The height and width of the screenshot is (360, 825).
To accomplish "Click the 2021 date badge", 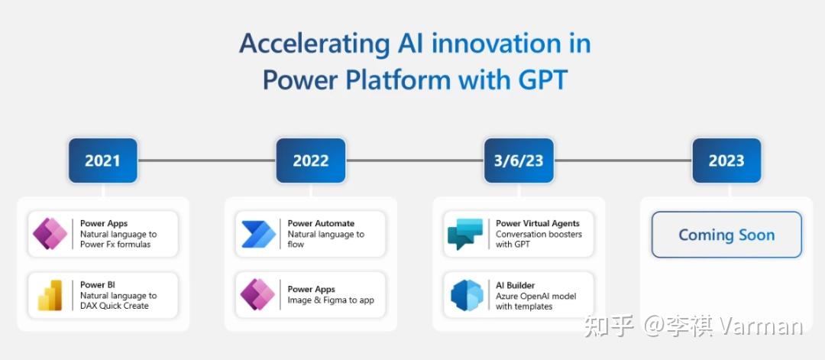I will pyautogui.click(x=102, y=161).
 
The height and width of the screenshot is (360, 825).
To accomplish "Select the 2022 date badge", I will pyautogui.click(x=310, y=161).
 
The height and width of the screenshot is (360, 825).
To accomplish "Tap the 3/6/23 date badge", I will pyautogui.click(x=519, y=161).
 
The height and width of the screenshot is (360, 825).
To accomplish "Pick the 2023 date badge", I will pyautogui.click(x=726, y=161).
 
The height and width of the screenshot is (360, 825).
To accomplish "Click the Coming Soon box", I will pyautogui.click(x=726, y=235).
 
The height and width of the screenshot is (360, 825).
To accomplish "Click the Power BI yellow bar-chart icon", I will pyautogui.click(x=50, y=295).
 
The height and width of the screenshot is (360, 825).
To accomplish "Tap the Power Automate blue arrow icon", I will pyautogui.click(x=258, y=234).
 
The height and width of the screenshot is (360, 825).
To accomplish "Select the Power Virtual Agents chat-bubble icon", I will pyautogui.click(x=465, y=234).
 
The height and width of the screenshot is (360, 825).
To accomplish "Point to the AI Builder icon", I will pyautogui.click(x=465, y=295).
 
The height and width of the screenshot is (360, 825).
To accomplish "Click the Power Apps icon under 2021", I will pyautogui.click(x=50, y=234).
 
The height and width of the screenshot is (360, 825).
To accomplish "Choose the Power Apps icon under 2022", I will pyautogui.click(x=258, y=295).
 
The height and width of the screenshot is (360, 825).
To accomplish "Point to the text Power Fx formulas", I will pyautogui.click(x=115, y=245).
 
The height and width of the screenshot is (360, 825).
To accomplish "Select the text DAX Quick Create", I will pyautogui.click(x=114, y=306).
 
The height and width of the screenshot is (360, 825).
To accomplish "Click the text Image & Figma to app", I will pyautogui.click(x=331, y=300).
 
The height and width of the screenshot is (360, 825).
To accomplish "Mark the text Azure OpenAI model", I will pyautogui.click(x=535, y=296).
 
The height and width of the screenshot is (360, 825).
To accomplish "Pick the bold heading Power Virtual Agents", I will pyautogui.click(x=537, y=223).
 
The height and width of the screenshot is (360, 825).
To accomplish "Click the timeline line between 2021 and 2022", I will pyautogui.click(x=206, y=161).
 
